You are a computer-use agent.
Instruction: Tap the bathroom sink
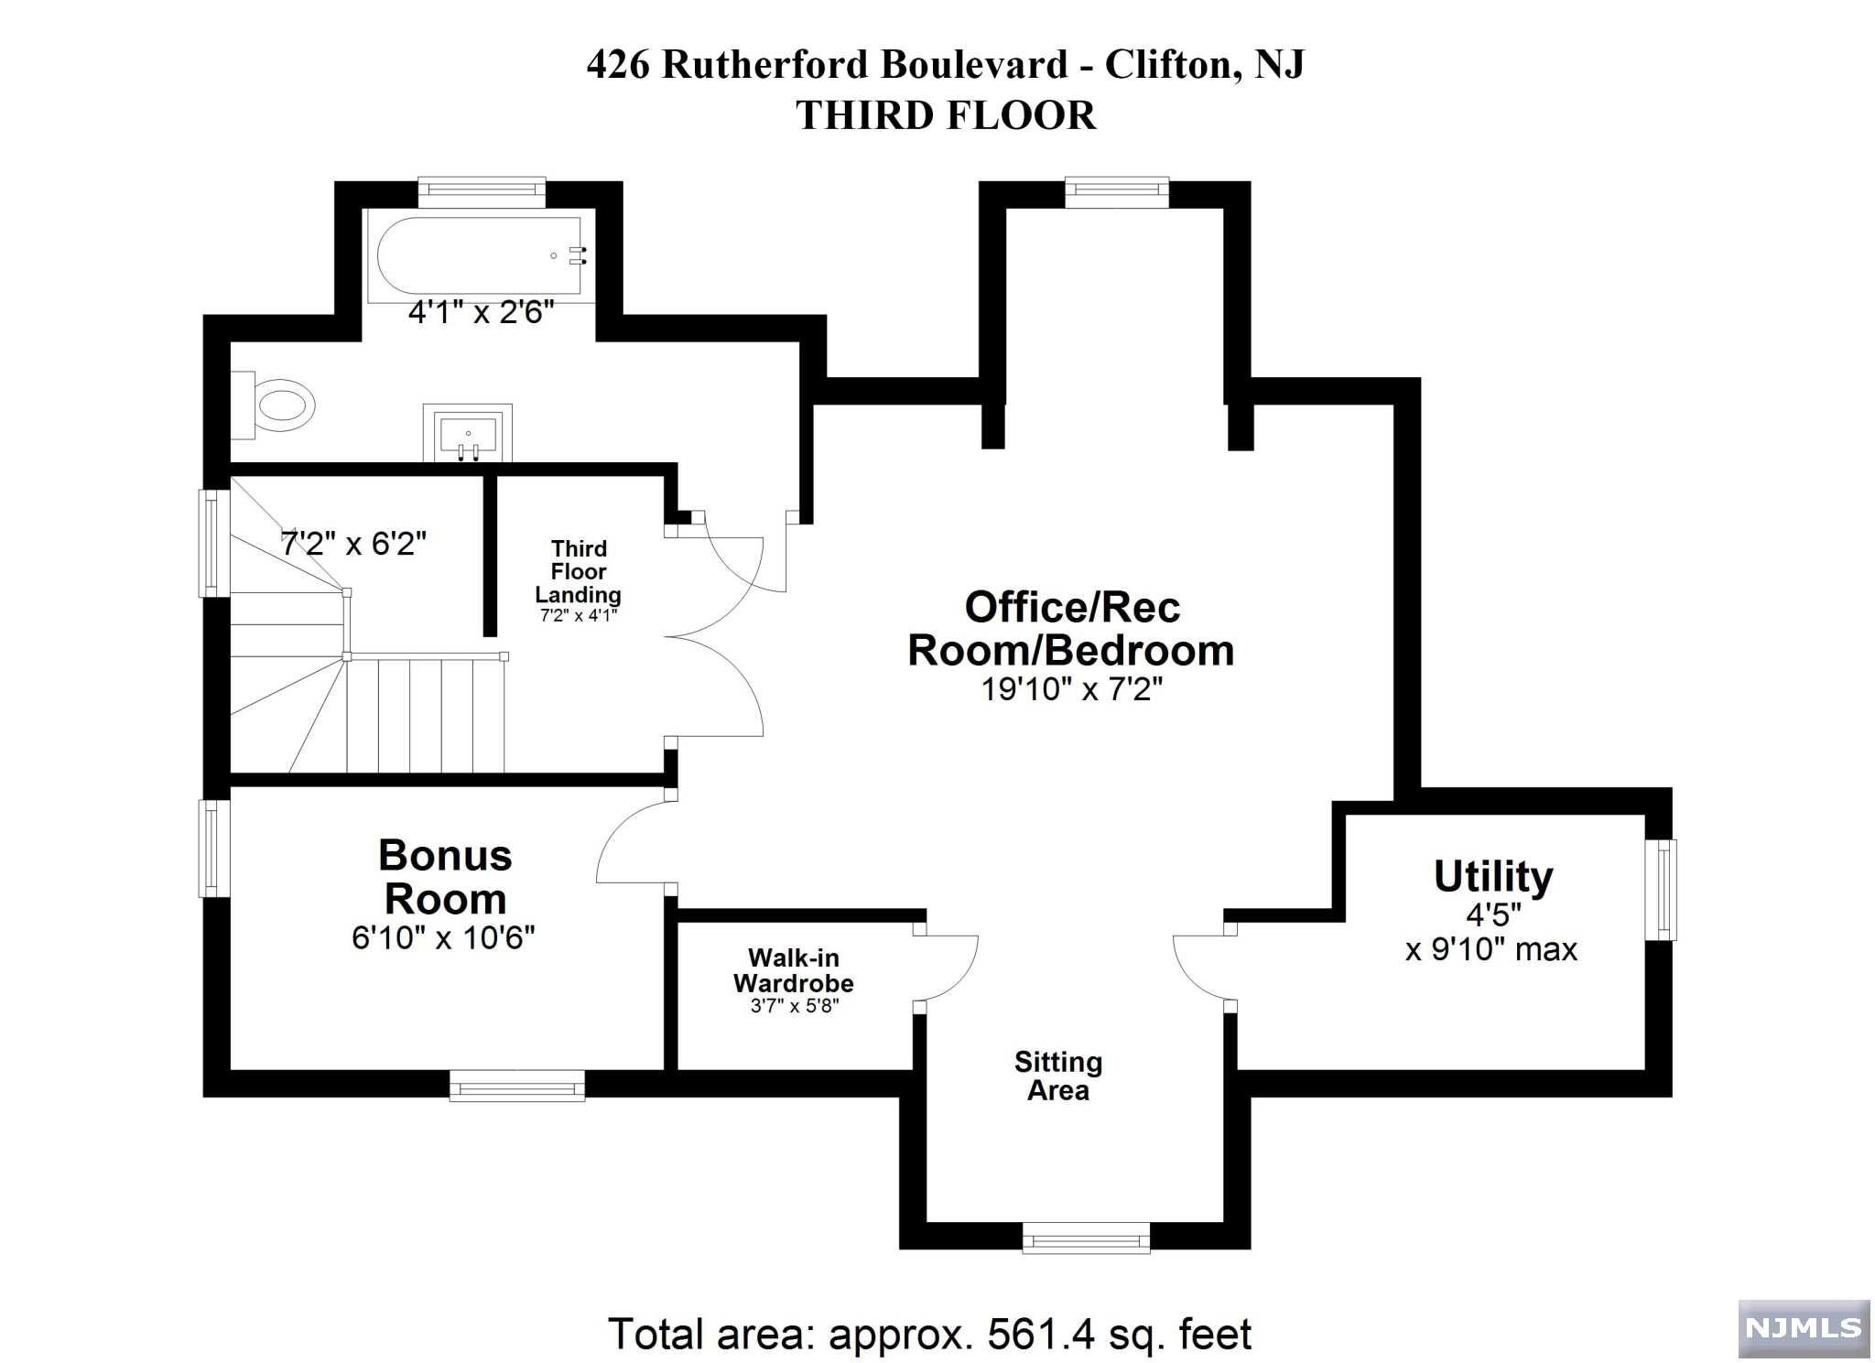pyautogui.click(x=468, y=432)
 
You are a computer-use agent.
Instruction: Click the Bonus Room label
pyautogui.click(x=445, y=877)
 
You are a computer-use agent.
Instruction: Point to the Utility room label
pyautogui.click(x=1493, y=876)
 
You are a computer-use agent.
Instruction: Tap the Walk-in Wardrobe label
pyautogui.click(x=794, y=970)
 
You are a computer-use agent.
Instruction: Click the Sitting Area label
pyautogui.click(x=1058, y=1076)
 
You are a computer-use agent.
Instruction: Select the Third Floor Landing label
pyautogui.click(x=579, y=571)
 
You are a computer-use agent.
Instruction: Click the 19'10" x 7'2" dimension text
pyautogui.click(x=1072, y=688)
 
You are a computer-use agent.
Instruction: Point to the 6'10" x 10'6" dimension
pyautogui.click(x=443, y=937)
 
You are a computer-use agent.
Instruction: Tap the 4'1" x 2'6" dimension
pyautogui.click(x=482, y=313)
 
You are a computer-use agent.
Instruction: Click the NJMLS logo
pyautogui.click(x=1804, y=1328)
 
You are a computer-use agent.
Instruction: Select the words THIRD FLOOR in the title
pyautogui.click(x=946, y=115)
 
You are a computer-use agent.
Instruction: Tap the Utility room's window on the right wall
pyautogui.click(x=1661, y=890)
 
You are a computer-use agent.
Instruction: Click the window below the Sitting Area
pyautogui.click(x=1087, y=1237)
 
